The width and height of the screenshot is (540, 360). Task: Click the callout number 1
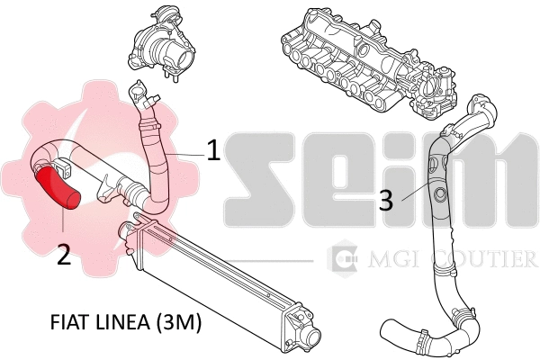pos(213,149)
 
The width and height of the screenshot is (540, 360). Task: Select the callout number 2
pos(63,254)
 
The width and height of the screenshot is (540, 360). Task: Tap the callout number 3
pos(385,200)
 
